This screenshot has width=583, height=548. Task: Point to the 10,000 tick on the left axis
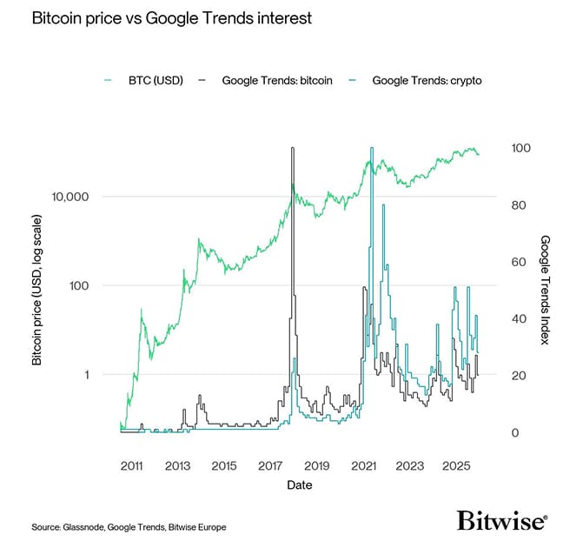click(72, 197)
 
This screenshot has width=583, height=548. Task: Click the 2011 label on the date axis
click(131, 466)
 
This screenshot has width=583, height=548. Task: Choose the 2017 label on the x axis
click(271, 466)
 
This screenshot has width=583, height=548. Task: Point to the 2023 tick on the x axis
click(410, 466)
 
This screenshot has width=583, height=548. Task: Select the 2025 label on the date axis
click(456, 466)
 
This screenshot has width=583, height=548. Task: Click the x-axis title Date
click(300, 485)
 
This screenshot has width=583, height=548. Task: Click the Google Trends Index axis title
click(545, 289)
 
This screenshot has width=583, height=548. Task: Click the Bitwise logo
click(501, 520)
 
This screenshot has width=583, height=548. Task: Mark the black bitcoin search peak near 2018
click(293, 149)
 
